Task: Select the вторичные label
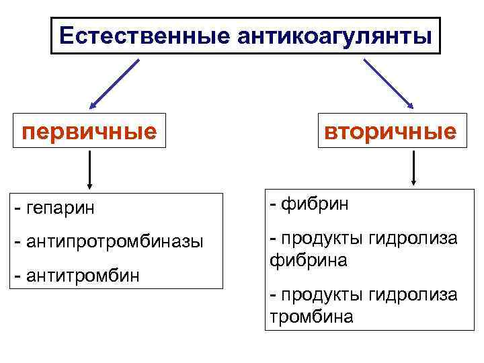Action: [x=391, y=130]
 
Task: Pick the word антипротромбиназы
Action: [x=114, y=241]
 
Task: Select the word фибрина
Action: [x=309, y=259]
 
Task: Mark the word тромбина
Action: [x=311, y=316]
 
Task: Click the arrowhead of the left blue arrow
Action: [x=93, y=104]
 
